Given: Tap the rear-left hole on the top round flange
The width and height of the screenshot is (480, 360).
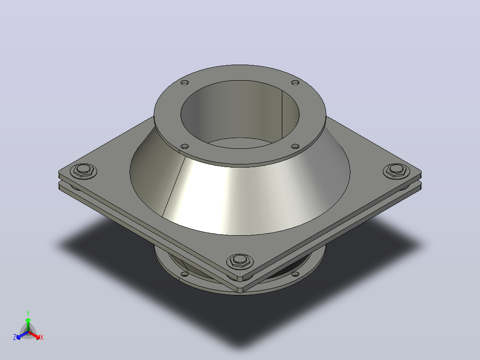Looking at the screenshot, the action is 185,82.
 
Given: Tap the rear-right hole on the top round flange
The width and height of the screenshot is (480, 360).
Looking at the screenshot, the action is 295,82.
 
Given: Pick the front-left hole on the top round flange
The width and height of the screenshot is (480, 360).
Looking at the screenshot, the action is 185,147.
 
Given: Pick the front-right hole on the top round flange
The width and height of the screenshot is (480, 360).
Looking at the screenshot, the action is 295,147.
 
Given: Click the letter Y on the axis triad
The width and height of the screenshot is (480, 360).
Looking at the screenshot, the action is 28,313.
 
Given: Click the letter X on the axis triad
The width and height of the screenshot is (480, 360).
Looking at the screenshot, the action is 42,337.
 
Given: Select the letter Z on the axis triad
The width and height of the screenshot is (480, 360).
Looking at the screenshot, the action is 15,337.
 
